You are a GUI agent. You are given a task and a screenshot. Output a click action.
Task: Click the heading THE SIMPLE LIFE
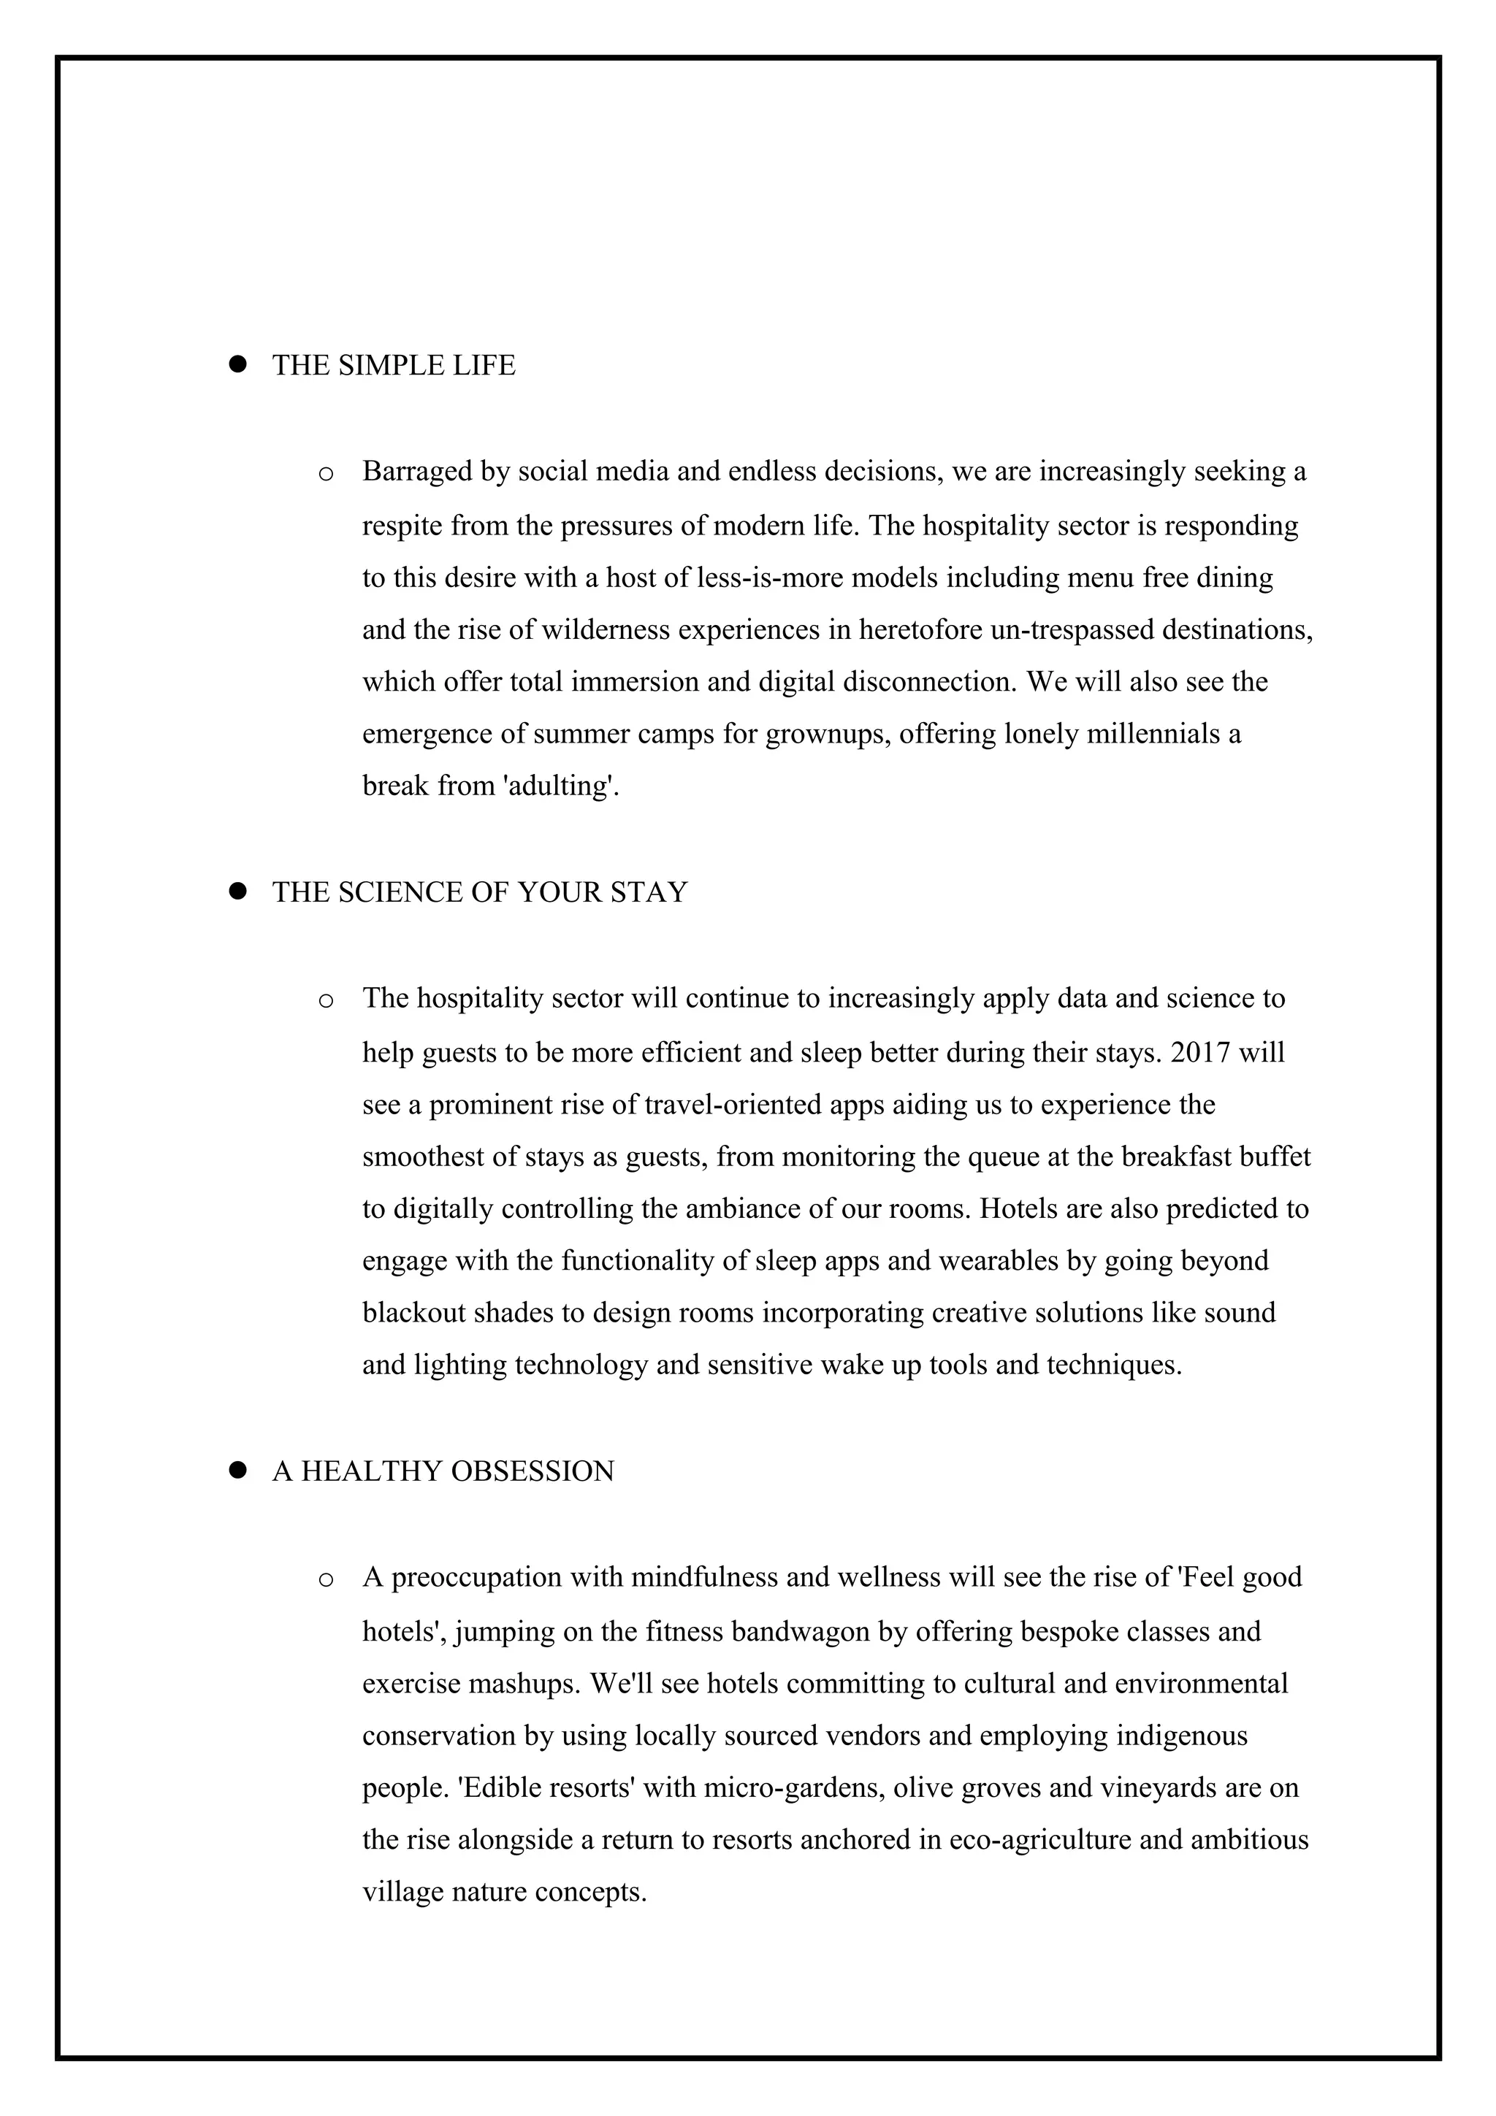coord(394,366)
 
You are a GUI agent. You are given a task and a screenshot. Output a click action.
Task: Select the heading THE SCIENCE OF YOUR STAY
coord(479,893)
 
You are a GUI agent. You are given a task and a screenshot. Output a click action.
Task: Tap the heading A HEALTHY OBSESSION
coord(443,1472)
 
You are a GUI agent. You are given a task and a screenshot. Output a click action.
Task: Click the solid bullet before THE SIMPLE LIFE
coord(238,364)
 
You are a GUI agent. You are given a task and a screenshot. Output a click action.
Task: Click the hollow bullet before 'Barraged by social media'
coord(325,475)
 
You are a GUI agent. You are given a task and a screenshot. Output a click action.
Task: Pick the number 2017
coord(1200,1052)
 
